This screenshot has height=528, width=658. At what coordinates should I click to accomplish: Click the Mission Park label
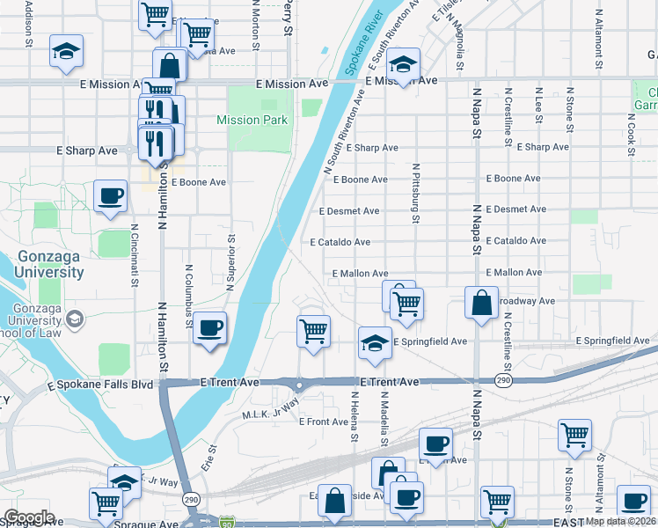pos(252,120)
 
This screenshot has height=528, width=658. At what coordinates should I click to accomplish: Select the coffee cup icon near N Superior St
pos(209,329)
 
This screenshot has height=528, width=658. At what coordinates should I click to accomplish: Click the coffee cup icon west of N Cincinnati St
pos(110,196)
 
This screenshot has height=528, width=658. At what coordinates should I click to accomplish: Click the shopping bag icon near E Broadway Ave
pos(482,304)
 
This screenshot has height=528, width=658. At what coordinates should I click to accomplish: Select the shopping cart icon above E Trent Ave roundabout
pos(313,331)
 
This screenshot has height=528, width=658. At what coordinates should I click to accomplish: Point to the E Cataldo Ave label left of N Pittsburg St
pos(340,242)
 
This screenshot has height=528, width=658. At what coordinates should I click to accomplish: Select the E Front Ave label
pos(324,422)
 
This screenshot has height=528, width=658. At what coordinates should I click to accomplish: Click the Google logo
pos(29,517)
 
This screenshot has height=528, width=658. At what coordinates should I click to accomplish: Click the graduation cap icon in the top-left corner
pos(66,52)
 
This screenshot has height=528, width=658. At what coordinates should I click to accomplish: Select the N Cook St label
pos(632,133)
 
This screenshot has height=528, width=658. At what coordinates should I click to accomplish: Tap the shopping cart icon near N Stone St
pos(574,434)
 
